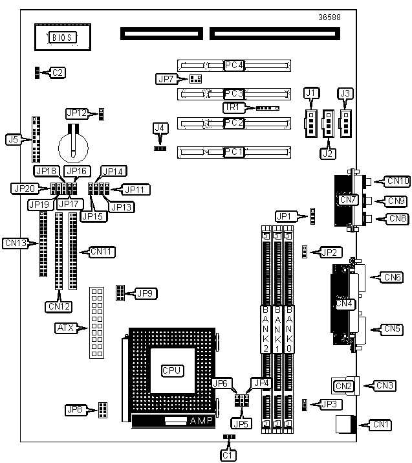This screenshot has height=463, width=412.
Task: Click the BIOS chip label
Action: (x=63, y=38)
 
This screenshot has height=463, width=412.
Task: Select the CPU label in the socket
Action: (x=173, y=370)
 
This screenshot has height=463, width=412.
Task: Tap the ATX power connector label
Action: (x=65, y=328)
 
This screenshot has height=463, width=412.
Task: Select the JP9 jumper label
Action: (x=146, y=293)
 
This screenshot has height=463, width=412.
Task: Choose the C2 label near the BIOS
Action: (x=58, y=73)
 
